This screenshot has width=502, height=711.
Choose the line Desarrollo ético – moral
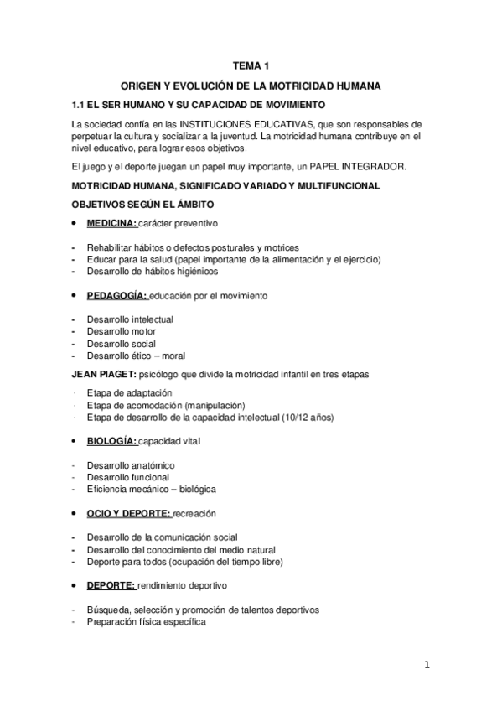[x=135, y=355]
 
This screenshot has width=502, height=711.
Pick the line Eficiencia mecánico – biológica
[x=145, y=489]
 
